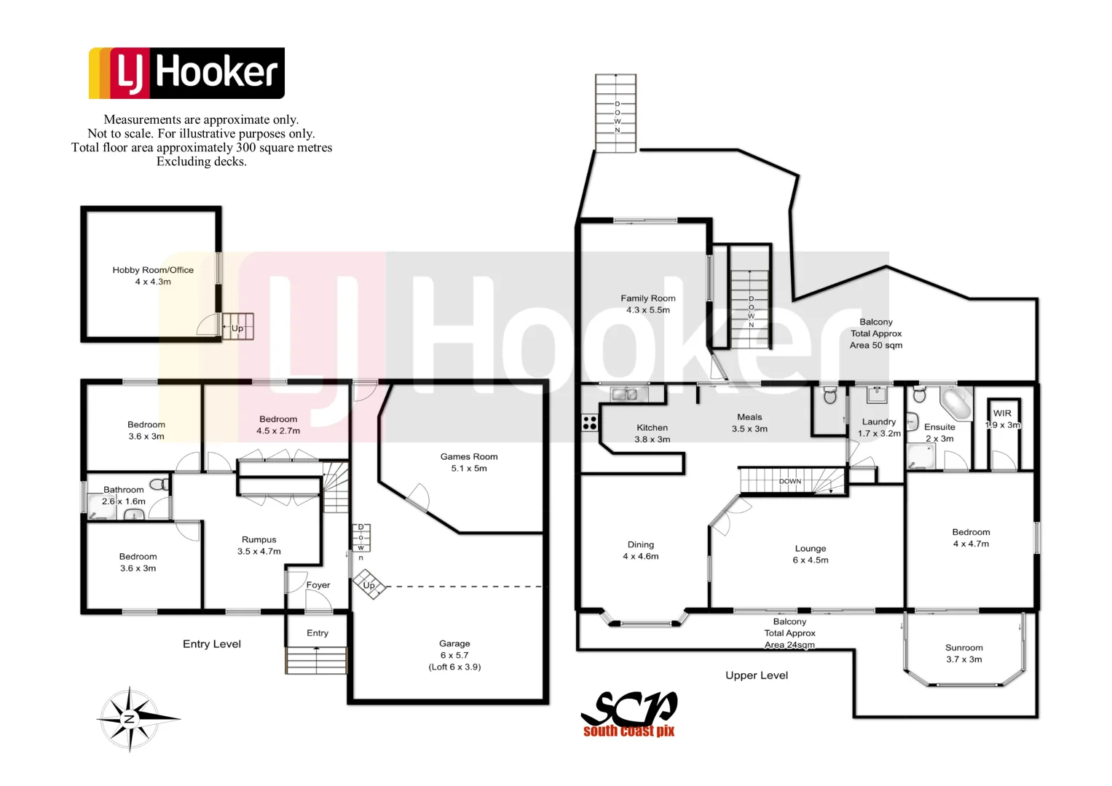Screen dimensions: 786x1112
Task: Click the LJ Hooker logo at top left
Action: (186, 73)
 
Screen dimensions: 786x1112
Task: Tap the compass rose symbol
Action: (130, 718)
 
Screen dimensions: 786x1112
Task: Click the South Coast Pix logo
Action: (629, 715)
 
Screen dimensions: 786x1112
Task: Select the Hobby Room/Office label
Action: (153, 276)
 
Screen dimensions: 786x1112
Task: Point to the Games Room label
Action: (469, 462)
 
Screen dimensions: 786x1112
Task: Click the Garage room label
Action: (454, 654)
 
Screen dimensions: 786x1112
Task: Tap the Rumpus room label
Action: (259, 545)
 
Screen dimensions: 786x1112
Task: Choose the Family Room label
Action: (648, 303)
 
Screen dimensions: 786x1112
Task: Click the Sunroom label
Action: (963, 653)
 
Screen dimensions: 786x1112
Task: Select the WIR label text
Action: (1003, 413)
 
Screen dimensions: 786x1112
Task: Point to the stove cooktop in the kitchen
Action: (590, 422)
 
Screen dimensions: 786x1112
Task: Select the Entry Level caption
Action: (212, 644)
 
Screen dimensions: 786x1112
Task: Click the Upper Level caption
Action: (757, 675)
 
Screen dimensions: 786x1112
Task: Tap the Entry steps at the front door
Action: (316, 660)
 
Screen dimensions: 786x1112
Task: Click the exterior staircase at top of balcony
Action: (616, 113)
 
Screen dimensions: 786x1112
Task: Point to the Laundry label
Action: (879, 427)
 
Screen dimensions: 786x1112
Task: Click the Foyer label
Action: (318, 585)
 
